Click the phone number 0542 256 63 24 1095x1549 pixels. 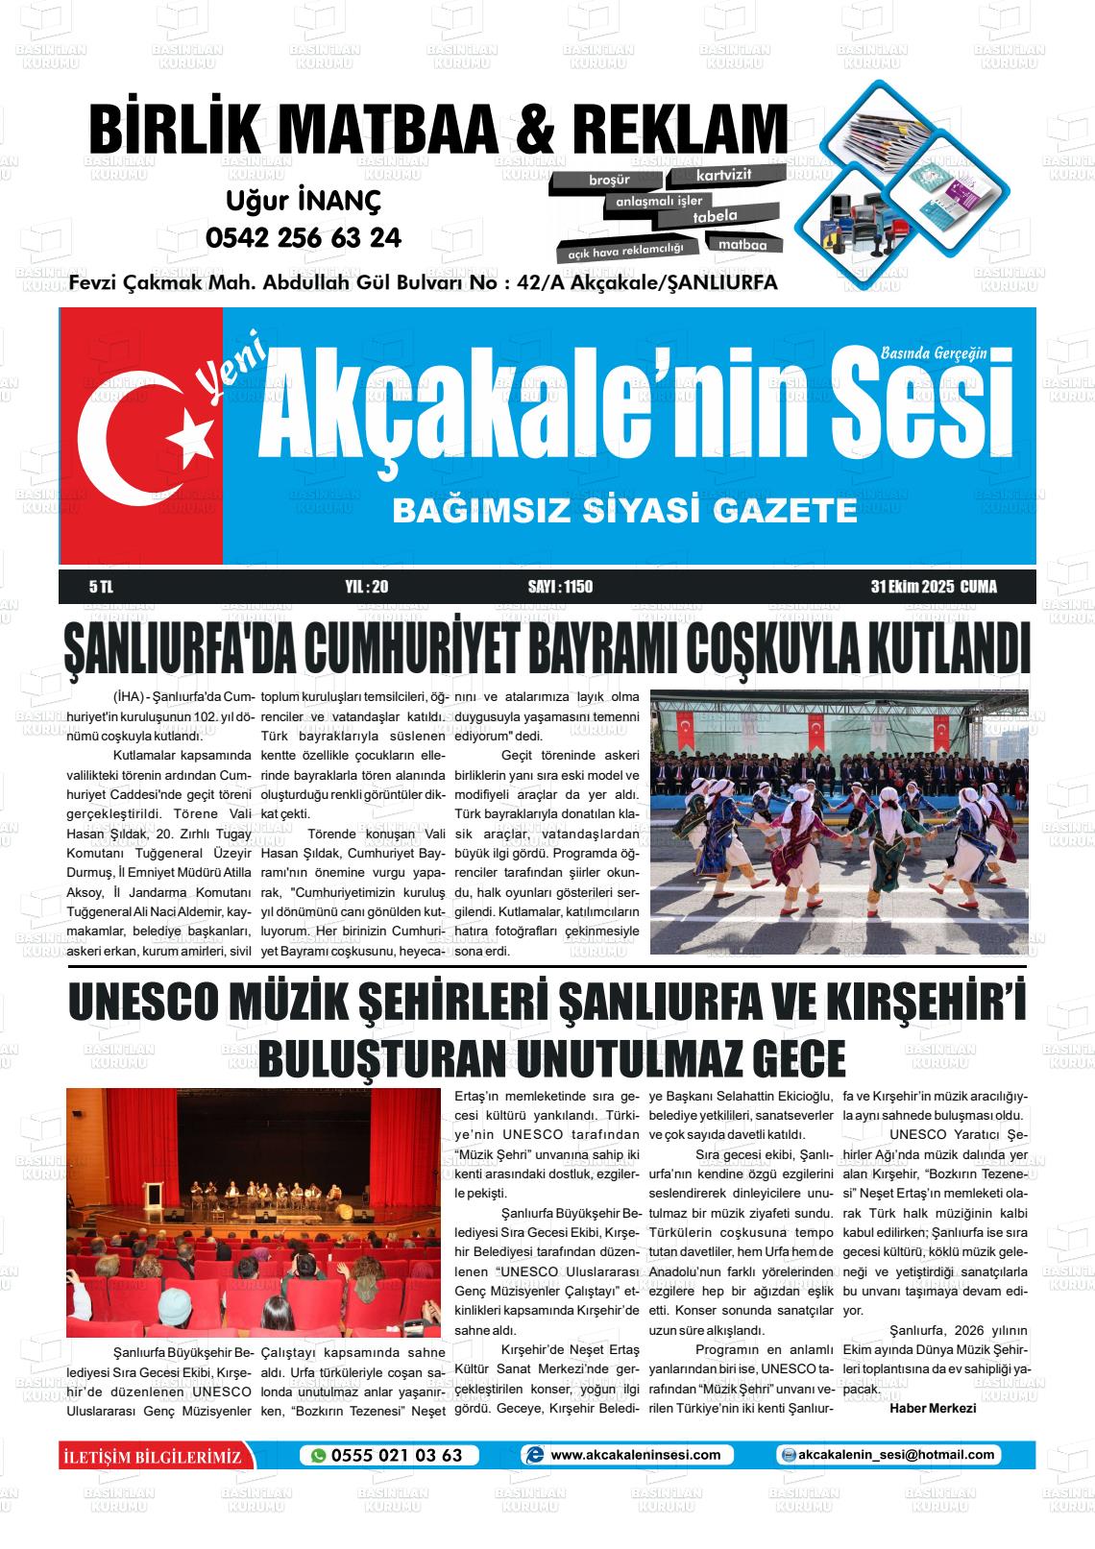(304, 237)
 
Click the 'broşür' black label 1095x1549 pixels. (609, 180)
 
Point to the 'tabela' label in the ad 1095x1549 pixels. (715, 217)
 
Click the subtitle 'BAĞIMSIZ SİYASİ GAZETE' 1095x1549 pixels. (624, 510)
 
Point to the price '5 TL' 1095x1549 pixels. (101, 587)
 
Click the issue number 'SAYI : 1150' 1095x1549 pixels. (560, 587)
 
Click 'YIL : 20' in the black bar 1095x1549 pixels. (365, 587)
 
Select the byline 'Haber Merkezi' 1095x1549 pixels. (933, 1408)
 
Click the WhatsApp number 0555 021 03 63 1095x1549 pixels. (397, 1455)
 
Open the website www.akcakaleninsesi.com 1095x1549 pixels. (635, 1455)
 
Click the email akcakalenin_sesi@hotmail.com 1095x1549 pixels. (895, 1455)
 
